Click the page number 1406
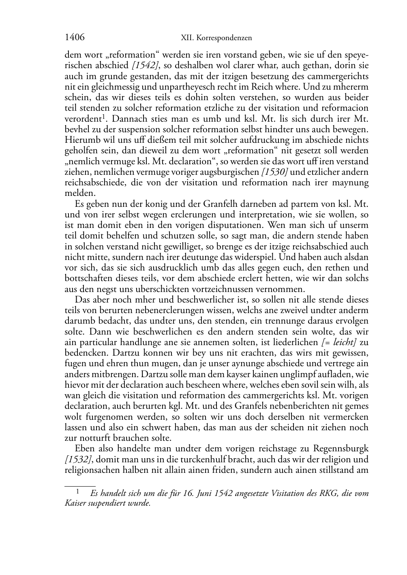pyautogui.click(x=75, y=38)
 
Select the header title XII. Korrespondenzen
pyautogui.click(x=216, y=38)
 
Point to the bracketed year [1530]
pyautogui.click(x=274, y=172)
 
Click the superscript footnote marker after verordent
pyautogui.click(x=104, y=117)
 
